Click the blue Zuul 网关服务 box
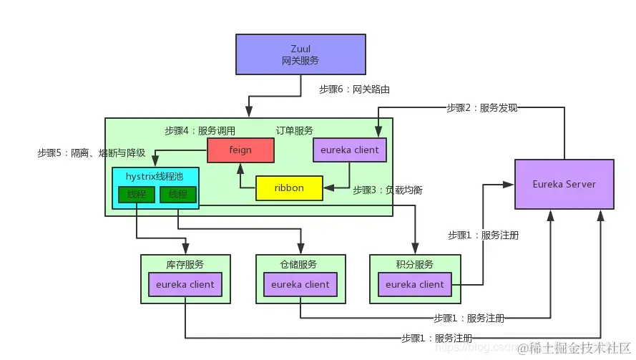300,56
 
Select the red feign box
240,150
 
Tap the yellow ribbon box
289,188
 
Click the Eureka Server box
564,184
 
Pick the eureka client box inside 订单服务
350,150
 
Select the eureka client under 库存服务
185,284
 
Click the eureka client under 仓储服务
300,284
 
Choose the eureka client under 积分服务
415,284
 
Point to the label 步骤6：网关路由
354,89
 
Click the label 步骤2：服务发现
481,108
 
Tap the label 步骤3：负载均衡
387,190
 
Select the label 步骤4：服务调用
200,131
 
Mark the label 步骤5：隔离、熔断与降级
92,152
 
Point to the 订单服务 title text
295,131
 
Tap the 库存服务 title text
185,264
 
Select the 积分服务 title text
414,264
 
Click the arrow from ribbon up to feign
240,175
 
